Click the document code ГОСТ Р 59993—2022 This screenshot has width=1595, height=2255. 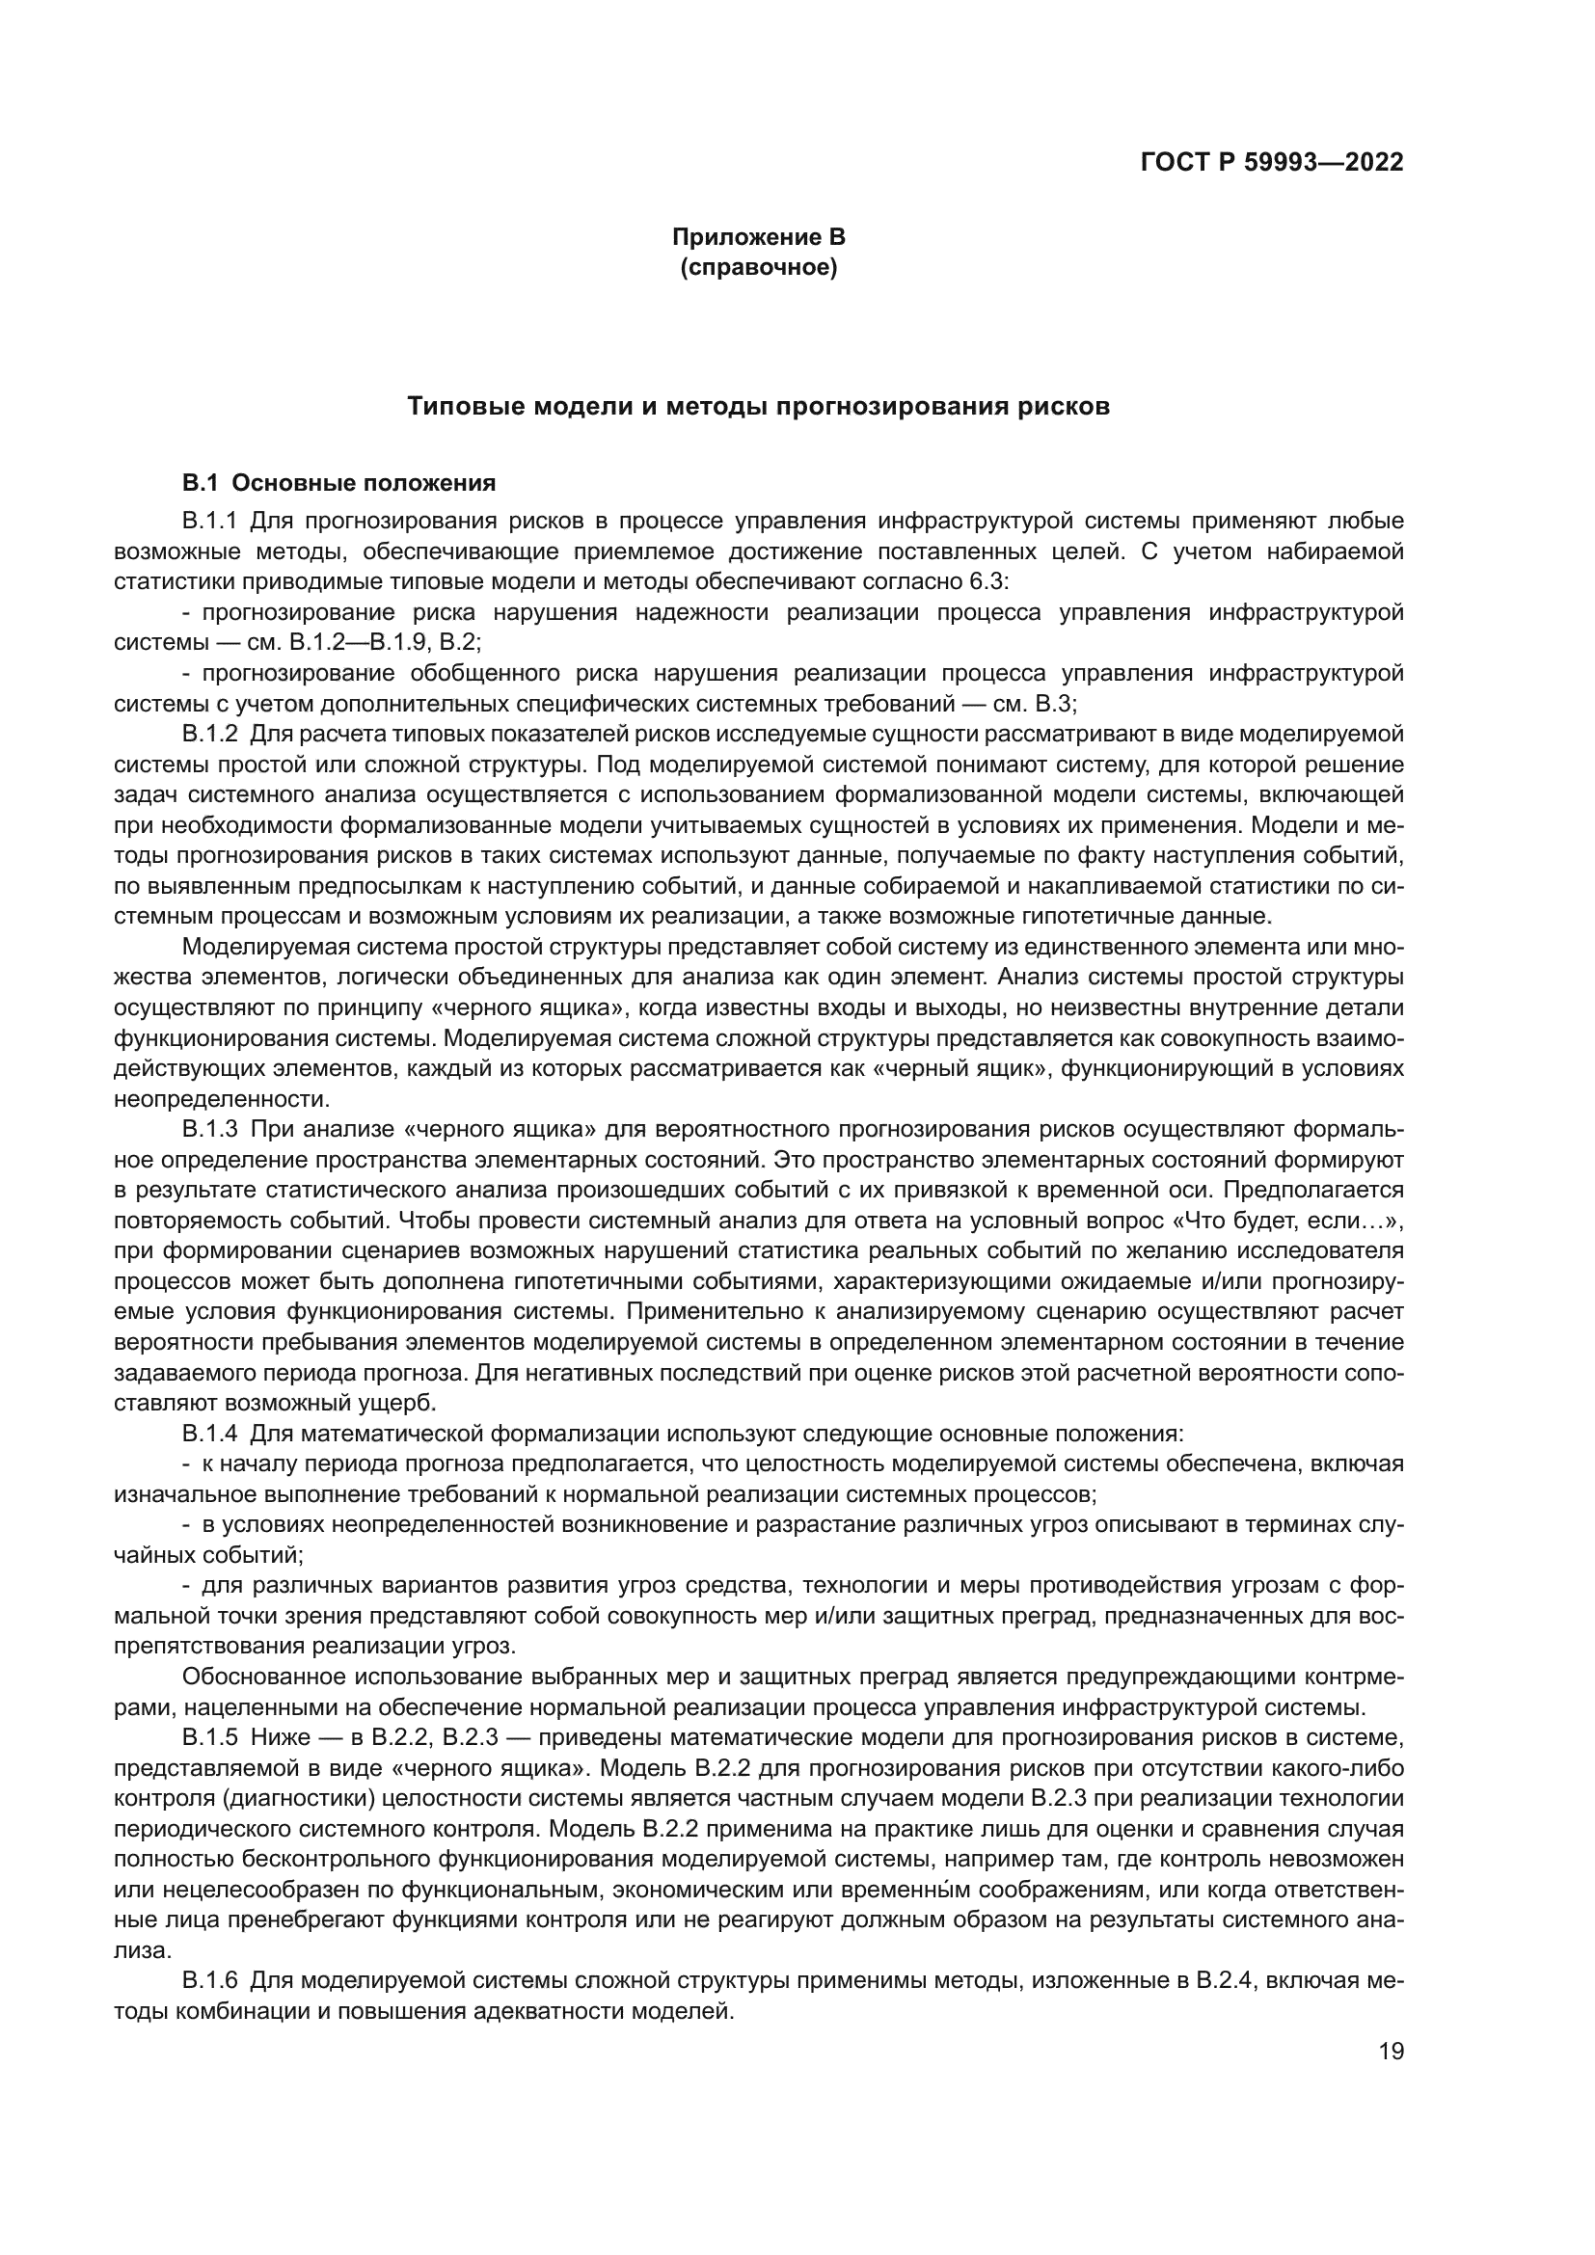point(1271,162)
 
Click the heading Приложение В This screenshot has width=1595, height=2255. point(758,237)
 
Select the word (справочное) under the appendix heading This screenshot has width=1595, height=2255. point(758,268)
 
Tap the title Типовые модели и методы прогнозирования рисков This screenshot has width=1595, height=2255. point(758,407)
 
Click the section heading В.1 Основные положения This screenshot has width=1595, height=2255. point(338,483)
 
